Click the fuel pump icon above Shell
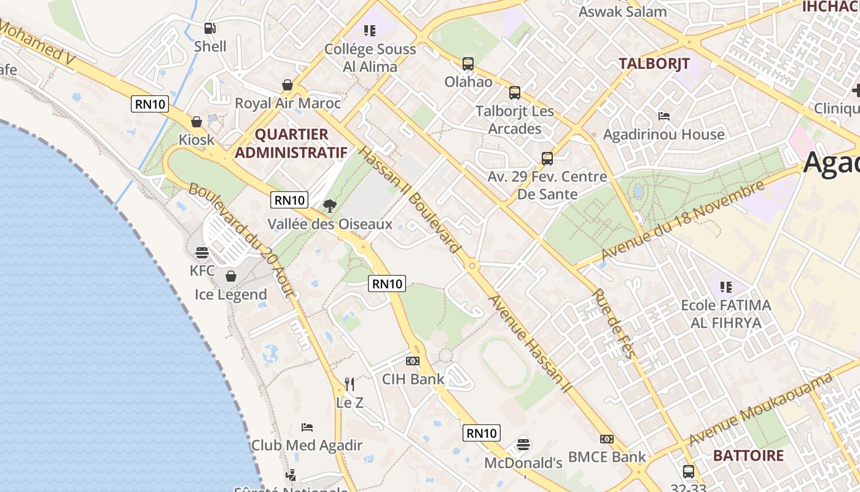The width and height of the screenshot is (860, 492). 209,28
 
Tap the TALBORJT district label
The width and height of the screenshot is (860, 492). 654,63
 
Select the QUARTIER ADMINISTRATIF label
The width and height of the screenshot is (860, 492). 291,143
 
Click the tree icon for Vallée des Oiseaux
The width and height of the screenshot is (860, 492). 330,206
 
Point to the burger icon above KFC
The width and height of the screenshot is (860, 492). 202,252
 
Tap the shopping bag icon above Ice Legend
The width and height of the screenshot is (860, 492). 231,276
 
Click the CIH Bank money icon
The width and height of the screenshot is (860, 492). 413,361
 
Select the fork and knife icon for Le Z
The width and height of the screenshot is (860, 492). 350,384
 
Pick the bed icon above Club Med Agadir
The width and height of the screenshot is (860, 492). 307,427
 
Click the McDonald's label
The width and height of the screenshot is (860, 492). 523,462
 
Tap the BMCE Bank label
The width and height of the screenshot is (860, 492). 607,456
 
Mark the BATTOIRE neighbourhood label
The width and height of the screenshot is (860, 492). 748,456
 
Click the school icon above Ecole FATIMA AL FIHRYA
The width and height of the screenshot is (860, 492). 726,287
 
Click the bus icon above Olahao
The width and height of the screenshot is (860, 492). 468,63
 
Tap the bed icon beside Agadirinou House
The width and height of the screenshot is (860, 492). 663,116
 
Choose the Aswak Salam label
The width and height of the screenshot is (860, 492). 622,12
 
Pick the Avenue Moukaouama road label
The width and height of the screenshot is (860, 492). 760,408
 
